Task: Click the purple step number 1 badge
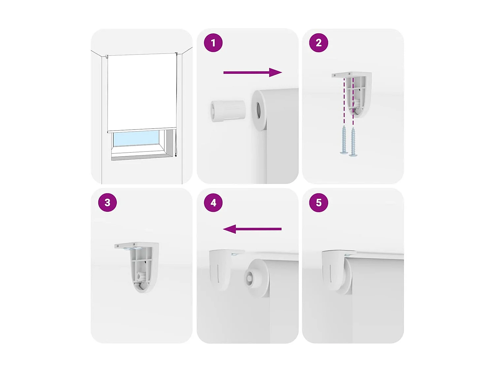pyautogui.click(x=213, y=43)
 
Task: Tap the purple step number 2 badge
pyautogui.click(x=318, y=43)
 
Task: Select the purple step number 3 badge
pyautogui.click(x=108, y=202)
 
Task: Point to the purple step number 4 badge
pyautogui.click(x=213, y=202)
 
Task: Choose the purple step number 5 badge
pyautogui.click(x=318, y=202)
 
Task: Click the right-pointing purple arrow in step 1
pyautogui.click(x=252, y=72)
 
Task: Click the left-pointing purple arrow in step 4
pyautogui.click(x=252, y=229)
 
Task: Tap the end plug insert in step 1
pyautogui.click(x=228, y=111)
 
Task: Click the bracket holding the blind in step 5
pyautogui.click(x=332, y=269)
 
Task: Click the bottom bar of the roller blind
pyautogui.click(x=142, y=130)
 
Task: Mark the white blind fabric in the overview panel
pyautogui.click(x=142, y=91)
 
